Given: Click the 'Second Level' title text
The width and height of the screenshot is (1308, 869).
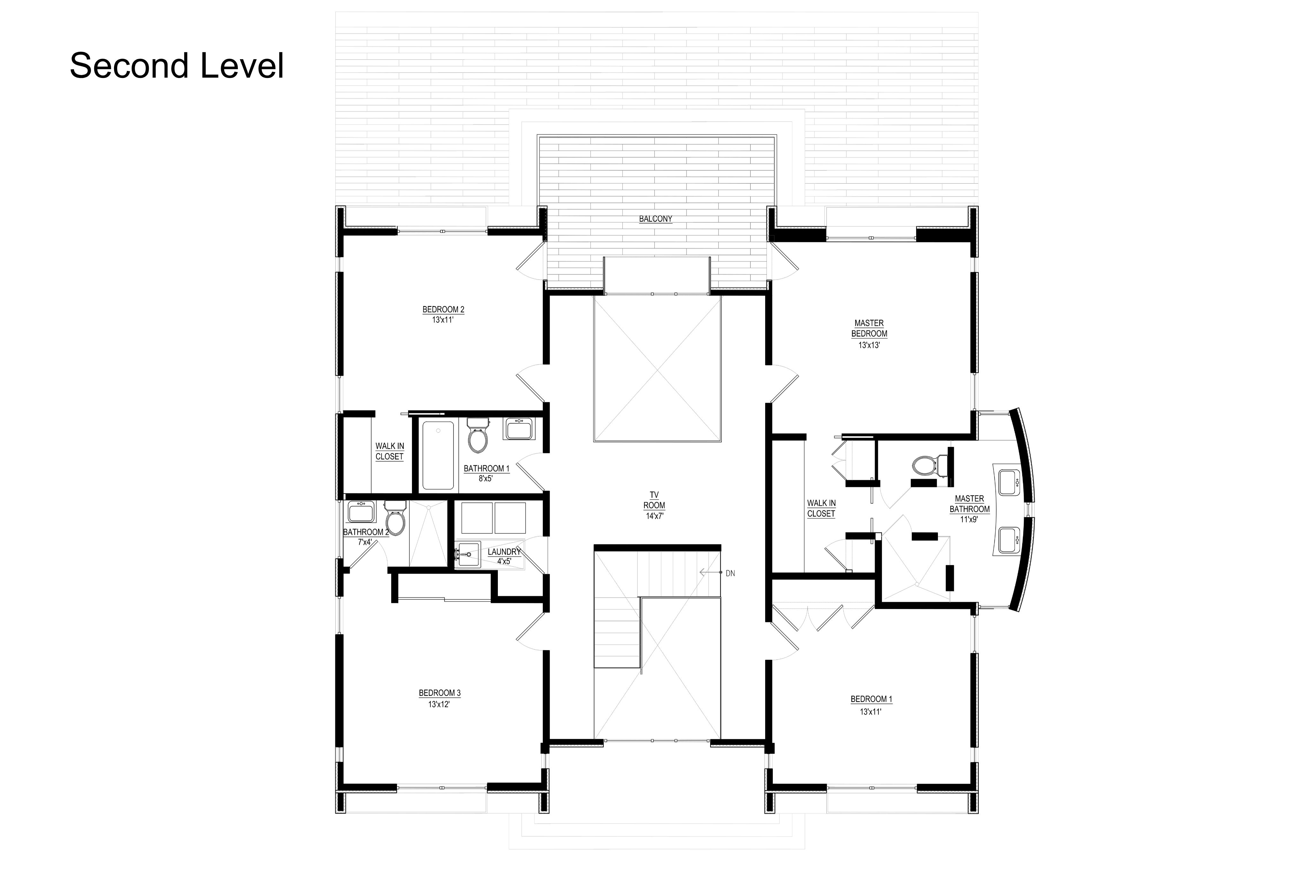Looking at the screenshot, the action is [177, 66].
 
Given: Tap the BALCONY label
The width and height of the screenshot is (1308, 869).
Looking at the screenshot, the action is [655, 219].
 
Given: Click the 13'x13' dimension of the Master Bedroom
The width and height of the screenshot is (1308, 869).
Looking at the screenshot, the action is [869, 345].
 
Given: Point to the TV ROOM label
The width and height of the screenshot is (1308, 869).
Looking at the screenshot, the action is [654, 500].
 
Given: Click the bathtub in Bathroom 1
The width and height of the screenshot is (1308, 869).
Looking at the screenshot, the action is [438, 456].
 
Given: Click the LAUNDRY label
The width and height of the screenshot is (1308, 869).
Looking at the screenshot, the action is [504, 552].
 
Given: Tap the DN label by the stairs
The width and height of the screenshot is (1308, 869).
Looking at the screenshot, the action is [730, 573].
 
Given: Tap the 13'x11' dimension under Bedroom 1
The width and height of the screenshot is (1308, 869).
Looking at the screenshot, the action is [870, 711].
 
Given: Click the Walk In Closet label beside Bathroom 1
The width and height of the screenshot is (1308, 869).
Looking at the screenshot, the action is [390, 451].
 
